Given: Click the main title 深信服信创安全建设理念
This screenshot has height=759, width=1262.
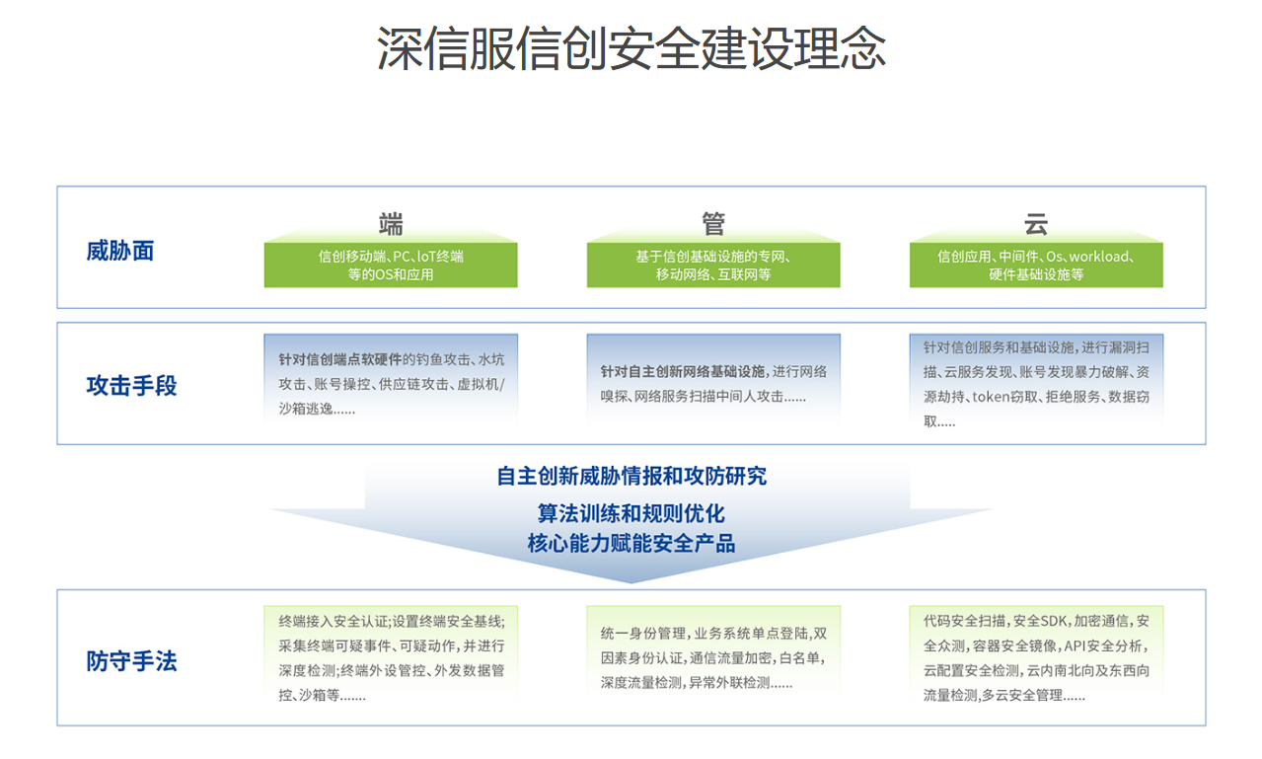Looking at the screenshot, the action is [631, 48].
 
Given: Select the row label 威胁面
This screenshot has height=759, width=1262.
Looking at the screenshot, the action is [120, 251].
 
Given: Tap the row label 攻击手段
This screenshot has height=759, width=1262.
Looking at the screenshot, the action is [131, 385].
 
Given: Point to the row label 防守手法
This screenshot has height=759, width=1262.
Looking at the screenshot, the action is [131, 661].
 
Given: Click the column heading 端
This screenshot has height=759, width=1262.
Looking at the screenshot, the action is [391, 224].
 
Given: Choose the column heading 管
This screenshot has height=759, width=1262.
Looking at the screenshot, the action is [713, 224].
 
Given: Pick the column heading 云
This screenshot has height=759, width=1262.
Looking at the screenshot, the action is [1036, 224].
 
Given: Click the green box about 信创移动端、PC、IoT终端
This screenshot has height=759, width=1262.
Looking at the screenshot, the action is [391, 265].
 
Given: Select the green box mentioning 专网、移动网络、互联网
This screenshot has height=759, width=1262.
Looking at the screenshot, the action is [713, 265].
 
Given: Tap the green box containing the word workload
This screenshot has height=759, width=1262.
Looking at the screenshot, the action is [1036, 265].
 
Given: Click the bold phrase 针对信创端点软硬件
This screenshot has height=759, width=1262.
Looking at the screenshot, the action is [339, 359].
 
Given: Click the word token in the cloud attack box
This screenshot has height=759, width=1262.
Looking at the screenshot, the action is [991, 397].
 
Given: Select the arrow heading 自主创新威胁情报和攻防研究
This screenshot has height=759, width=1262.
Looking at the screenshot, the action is [631, 476].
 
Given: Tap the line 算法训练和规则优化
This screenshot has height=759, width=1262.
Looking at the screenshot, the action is [631, 513].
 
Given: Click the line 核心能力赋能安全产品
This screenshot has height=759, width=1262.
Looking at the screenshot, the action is [631, 544].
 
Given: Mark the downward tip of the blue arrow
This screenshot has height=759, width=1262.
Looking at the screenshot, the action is [631, 583].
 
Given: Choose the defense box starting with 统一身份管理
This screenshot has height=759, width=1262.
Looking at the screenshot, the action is [713, 653].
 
